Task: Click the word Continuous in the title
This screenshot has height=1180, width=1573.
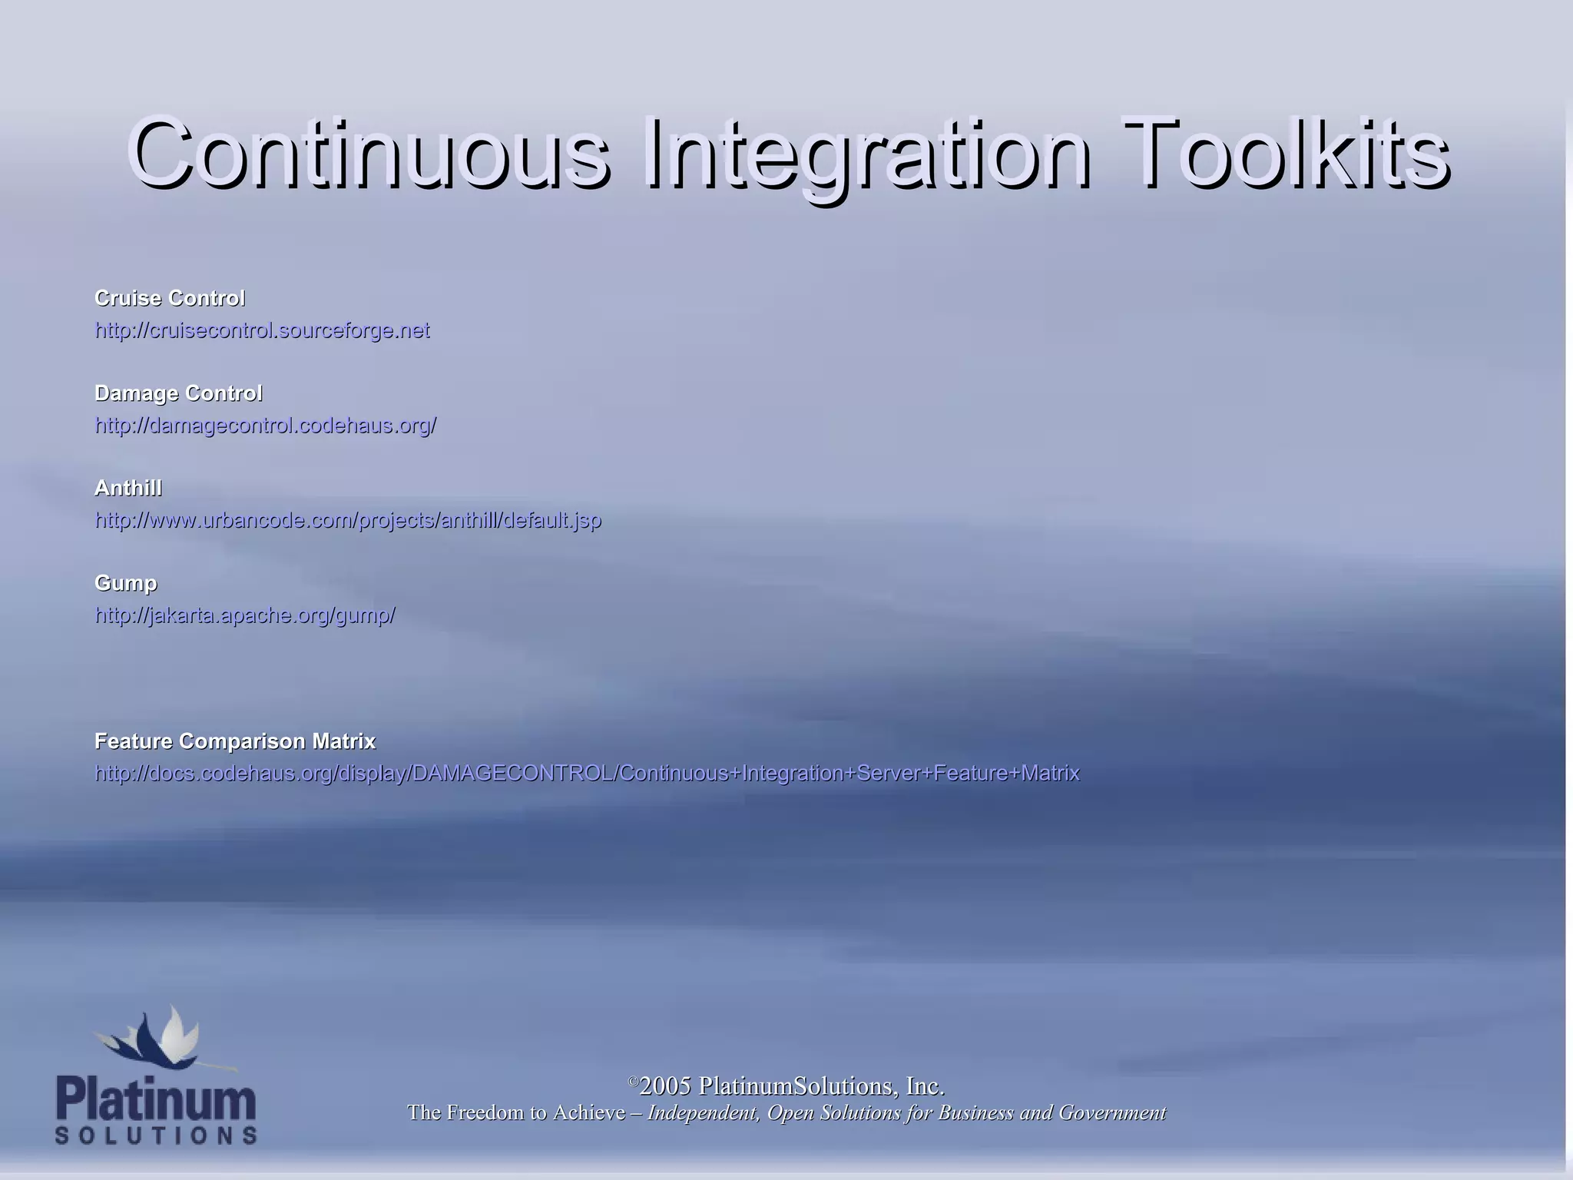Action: [x=369, y=154]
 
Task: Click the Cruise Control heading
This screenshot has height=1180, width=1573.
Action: [x=170, y=298]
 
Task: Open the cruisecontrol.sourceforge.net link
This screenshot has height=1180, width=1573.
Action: [x=262, y=330]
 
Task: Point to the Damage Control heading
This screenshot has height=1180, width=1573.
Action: [x=178, y=393]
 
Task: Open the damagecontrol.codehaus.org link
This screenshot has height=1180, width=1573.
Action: [x=265, y=426]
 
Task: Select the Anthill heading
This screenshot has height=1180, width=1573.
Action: [x=128, y=488]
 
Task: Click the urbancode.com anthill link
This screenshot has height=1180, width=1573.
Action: [x=348, y=520]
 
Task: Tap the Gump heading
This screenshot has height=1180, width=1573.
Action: [x=126, y=583]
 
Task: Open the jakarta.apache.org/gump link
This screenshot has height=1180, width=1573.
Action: [x=245, y=615]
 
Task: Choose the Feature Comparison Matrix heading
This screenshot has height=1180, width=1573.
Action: [x=235, y=741]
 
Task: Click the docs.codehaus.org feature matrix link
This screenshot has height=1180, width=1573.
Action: [x=587, y=773]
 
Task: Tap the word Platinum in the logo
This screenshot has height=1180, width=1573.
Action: [x=156, y=1100]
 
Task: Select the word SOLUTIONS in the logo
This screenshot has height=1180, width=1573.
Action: [x=156, y=1135]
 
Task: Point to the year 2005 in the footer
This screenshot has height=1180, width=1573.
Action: [x=665, y=1086]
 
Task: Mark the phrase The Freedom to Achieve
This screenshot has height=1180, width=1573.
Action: [x=516, y=1112]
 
